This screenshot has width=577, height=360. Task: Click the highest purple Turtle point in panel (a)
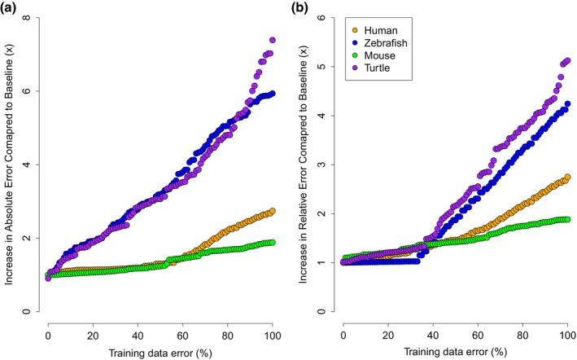[x=272, y=40]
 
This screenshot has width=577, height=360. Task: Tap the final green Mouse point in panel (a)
[x=272, y=242]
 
